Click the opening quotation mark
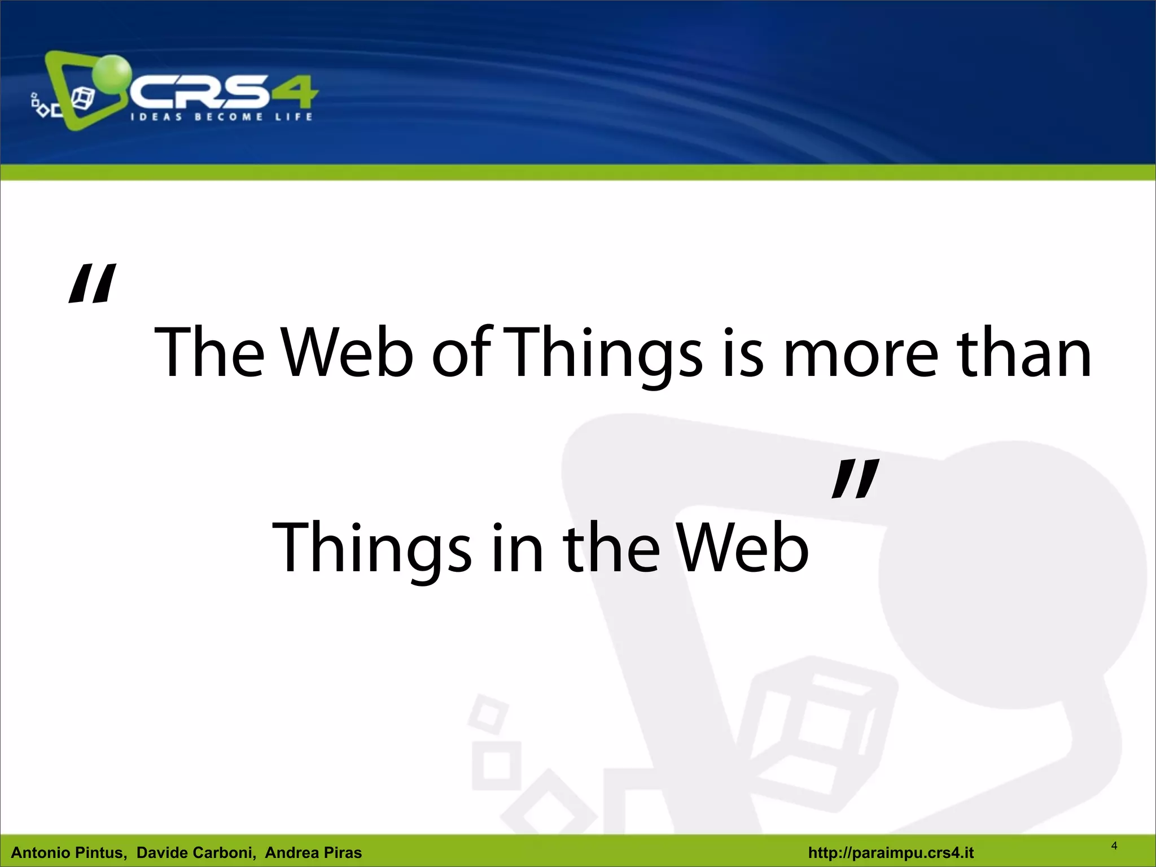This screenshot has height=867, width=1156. (x=92, y=284)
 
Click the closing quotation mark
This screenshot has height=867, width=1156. (x=855, y=479)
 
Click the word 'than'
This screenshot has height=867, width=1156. (x=1026, y=353)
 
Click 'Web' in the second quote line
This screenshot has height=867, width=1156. (x=743, y=548)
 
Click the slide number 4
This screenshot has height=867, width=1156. (x=1114, y=846)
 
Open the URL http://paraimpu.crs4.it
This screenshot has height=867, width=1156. (x=891, y=852)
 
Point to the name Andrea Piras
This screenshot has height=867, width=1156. (x=313, y=852)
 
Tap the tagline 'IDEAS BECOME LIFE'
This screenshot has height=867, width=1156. (x=221, y=117)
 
